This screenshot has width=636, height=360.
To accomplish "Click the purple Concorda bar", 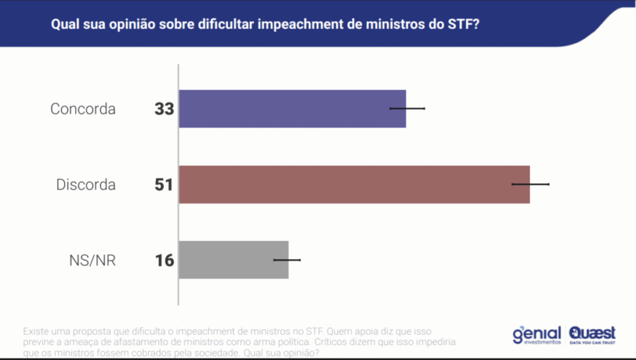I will tap(292, 109).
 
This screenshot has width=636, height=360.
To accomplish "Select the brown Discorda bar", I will tap(354, 184).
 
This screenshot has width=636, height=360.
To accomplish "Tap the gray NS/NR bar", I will tap(234, 259).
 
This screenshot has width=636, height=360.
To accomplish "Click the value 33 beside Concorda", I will tap(165, 109).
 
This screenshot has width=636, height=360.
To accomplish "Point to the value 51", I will tap(164, 185).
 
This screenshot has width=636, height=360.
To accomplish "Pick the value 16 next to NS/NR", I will tap(165, 260).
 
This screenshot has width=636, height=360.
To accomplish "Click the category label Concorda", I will tap(83, 109).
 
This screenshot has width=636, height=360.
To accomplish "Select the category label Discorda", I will tap(86, 185).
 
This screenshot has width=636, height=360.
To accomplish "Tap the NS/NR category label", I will tap(93, 261).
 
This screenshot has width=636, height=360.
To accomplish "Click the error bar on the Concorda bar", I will tap(407, 108).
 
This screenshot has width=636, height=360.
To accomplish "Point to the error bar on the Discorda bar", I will tap(530, 184).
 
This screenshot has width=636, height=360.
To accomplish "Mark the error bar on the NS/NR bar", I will tap(287, 259).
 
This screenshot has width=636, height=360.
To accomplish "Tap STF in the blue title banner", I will tap(460, 26).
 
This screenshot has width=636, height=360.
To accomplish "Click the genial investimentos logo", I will tap(536, 335).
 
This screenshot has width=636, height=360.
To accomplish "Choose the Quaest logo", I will tap(592, 335).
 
